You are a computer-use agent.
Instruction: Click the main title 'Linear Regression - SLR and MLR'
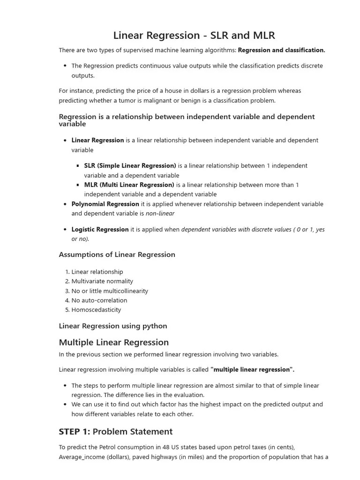point(194,35)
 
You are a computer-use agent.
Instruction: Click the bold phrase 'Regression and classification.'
point(281,50)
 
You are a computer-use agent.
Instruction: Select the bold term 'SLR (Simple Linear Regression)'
point(130,165)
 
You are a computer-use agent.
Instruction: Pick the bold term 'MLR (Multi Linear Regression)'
point(129,185)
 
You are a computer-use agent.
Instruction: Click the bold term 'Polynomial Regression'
point(105,204)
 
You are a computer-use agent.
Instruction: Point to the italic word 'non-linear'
point(160,213)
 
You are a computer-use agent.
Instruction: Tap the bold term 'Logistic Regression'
point(100,229)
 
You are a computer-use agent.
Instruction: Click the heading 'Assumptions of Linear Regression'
point(117,255)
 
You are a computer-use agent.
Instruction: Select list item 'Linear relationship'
point(97,272)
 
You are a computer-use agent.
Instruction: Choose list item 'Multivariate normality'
point(102,281)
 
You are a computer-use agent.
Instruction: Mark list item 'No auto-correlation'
point(99,300)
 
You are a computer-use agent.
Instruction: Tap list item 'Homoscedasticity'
point(96,310)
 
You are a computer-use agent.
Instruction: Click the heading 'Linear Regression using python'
point(112,326)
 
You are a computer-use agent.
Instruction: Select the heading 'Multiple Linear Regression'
point(113,342)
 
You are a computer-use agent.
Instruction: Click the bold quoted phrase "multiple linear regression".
point(252,369)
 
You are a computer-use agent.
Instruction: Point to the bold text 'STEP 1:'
point(74,431)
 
